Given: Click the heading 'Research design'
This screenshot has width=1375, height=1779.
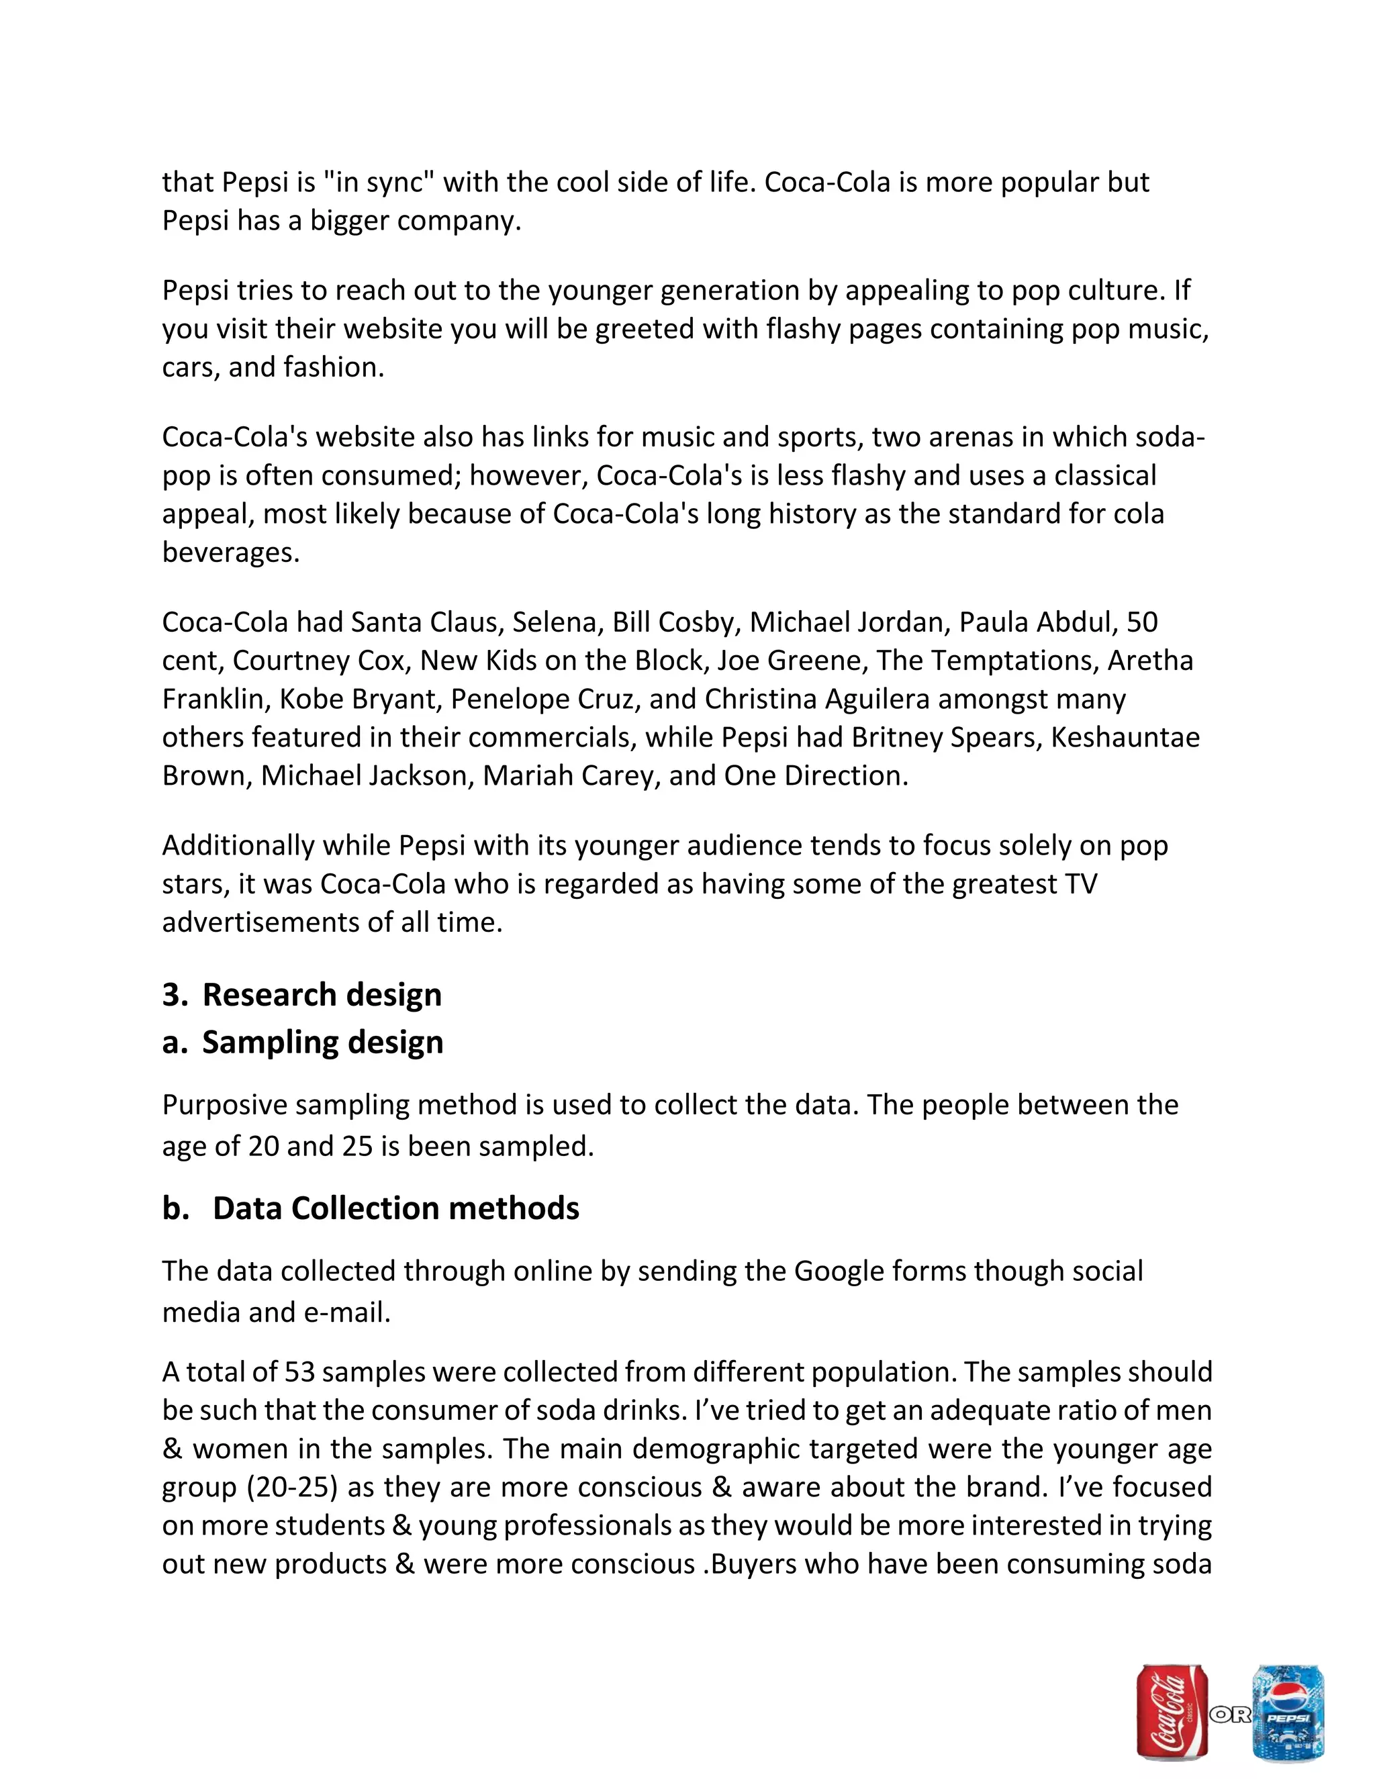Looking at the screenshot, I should pos(322,995).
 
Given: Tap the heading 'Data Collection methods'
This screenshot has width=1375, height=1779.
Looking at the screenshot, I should pos(396,1208).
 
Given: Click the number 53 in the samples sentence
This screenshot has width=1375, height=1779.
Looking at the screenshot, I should pos(299,1372).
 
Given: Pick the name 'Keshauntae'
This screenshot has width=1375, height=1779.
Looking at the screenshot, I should pos(1125,737).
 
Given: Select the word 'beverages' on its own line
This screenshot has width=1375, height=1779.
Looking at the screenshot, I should pos(230,552).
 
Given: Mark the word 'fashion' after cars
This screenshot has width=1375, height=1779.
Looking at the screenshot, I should pos(332,367).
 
